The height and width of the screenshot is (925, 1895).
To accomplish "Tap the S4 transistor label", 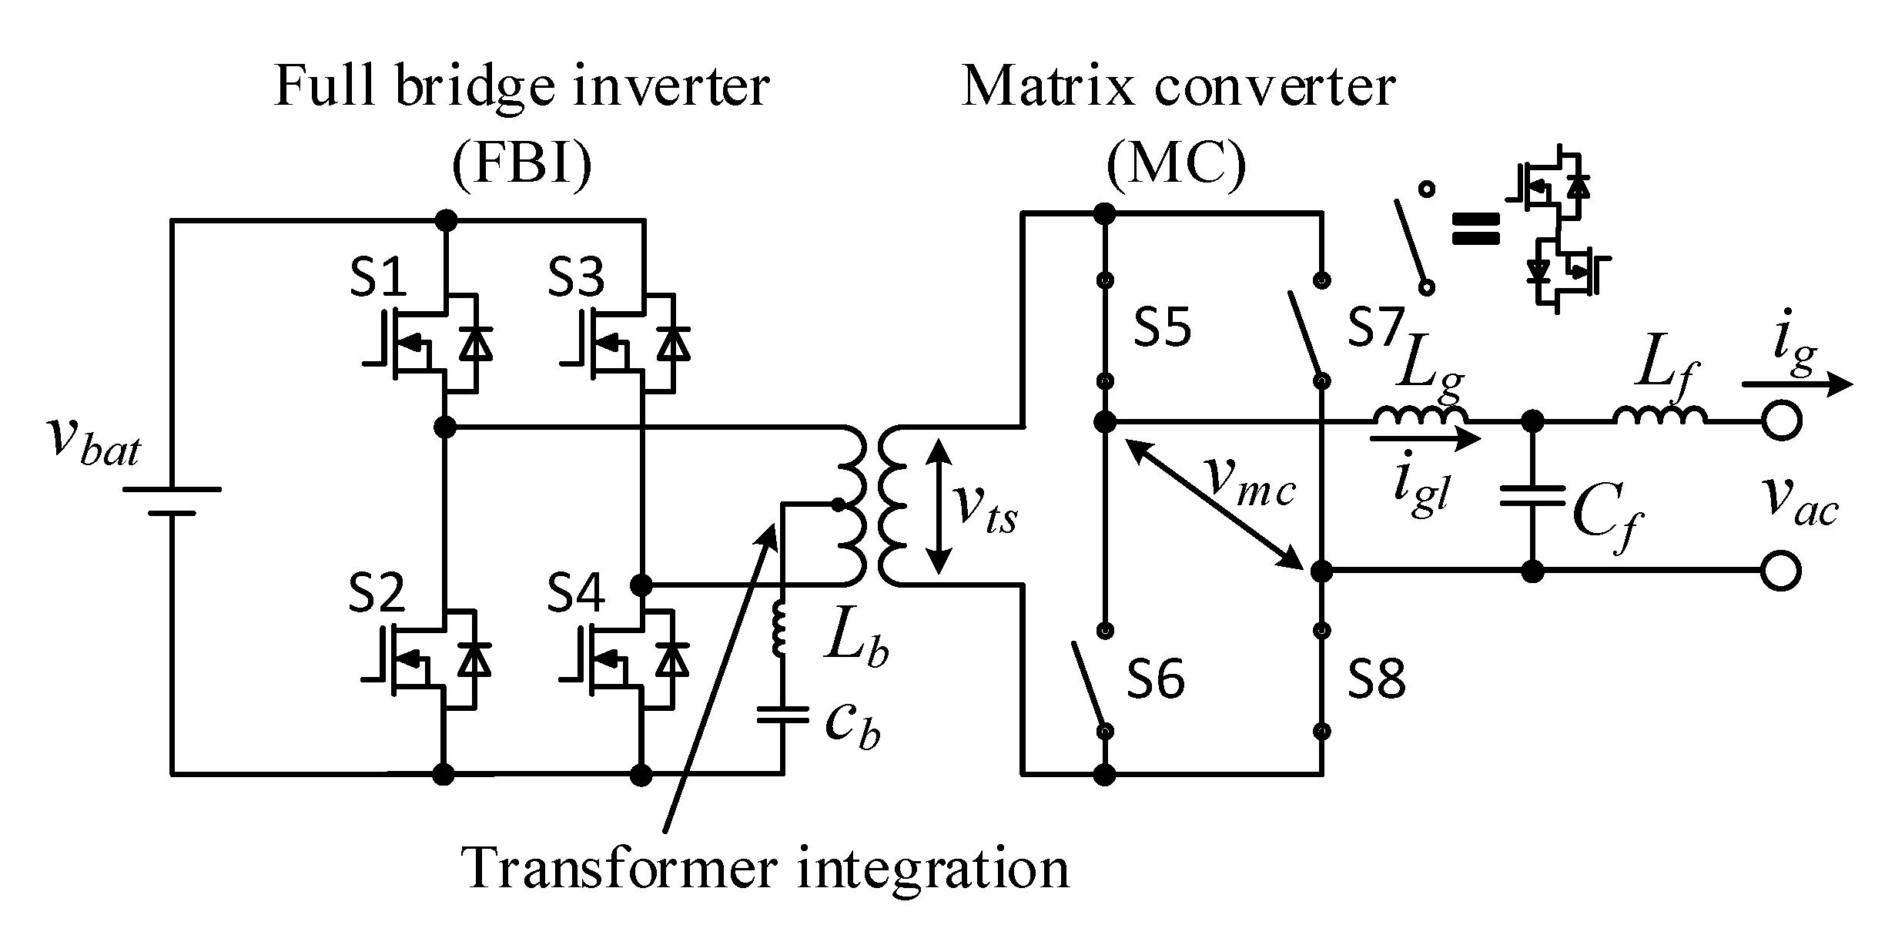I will [x=576, y=593].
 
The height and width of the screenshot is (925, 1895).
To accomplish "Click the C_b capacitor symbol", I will [x=782, y=716].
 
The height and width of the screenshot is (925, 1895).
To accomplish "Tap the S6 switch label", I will [x=1155, y=679].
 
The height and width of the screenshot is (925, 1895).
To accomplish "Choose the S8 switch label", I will [x=1377, y=679].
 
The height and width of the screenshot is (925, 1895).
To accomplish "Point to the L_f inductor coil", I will [x=1659, y=415].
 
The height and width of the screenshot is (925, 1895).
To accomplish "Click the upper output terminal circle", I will [x=1782, y=422].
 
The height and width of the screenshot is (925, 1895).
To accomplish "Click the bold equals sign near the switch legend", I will [x=1475, y=229].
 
